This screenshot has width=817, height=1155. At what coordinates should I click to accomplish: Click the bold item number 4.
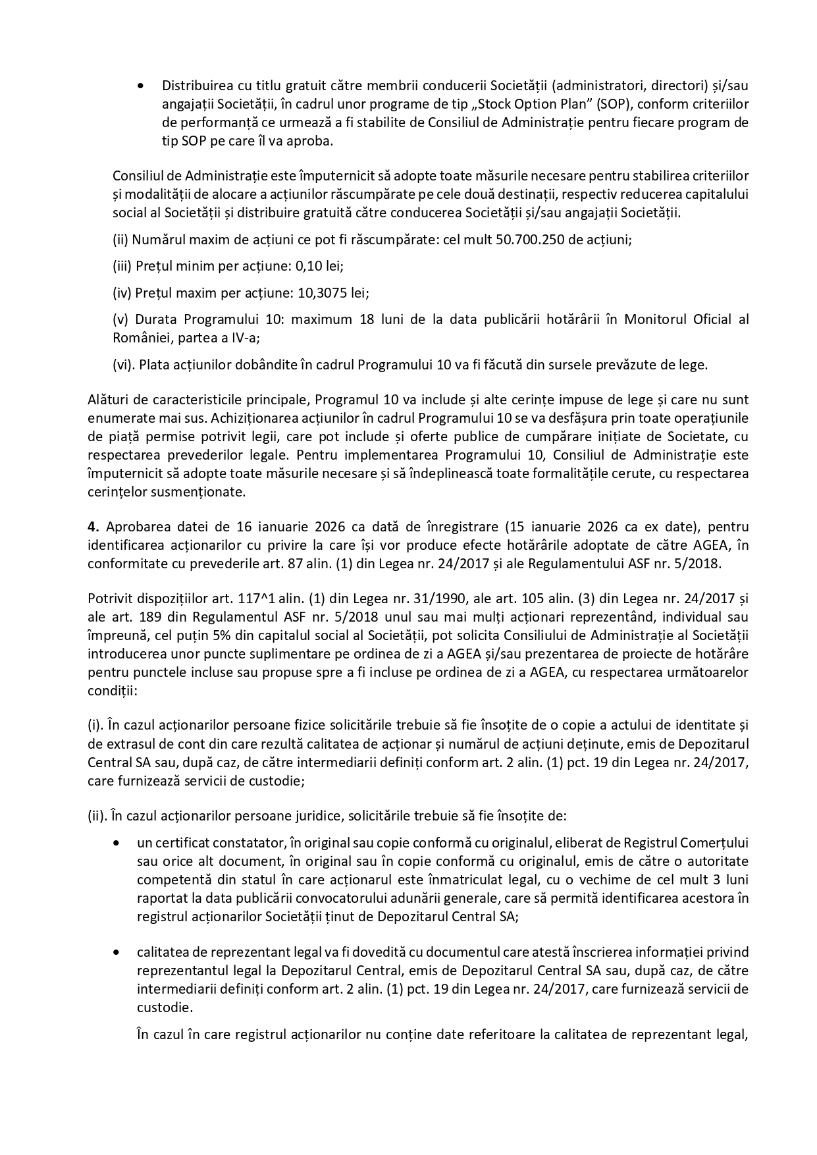[92, 527]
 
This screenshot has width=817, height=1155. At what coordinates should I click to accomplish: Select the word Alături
[106, 400]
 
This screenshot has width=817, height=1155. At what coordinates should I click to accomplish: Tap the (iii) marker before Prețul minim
[122, 266]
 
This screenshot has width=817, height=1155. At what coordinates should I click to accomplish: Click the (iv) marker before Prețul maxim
[122, 292]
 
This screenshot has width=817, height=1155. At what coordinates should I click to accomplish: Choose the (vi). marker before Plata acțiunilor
[124, 365]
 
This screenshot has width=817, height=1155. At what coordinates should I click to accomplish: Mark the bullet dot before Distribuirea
[140, 86]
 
